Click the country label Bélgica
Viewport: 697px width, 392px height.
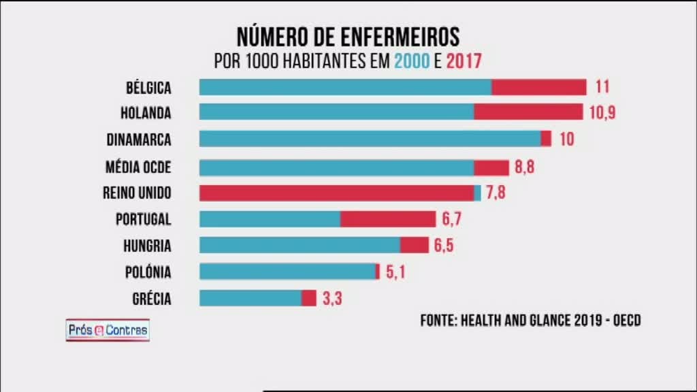pyautogui.click(x=148, y=87)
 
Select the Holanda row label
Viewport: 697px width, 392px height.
pyautogui.click(x=148, y=112)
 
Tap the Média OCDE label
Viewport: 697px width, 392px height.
pyautogui.click(x=138, y=167)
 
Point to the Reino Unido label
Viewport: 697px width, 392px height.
pyautogui.click(x=137, y=193)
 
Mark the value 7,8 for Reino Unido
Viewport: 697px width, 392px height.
pyautogui.click(x=496, y=193)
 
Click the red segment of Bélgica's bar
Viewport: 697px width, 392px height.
pyautogui.click(x=538, y=87)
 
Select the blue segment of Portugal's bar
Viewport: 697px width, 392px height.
pyautogui.click(x=270, y=218)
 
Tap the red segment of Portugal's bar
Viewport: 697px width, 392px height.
pyautogui.click(x=388, y=218)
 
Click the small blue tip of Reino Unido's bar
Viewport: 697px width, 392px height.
pyautogui.click(x=478, y=193)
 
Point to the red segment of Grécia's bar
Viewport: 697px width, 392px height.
pyautogui.click(x=309, y=298)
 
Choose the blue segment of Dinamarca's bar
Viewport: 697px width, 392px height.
pyautogui.click(x=370, y=139)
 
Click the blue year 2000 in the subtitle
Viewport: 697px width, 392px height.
pyautogui.click(x=411, y=61)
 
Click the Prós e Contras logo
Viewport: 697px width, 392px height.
pyautogui.click(x=108, y=331)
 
